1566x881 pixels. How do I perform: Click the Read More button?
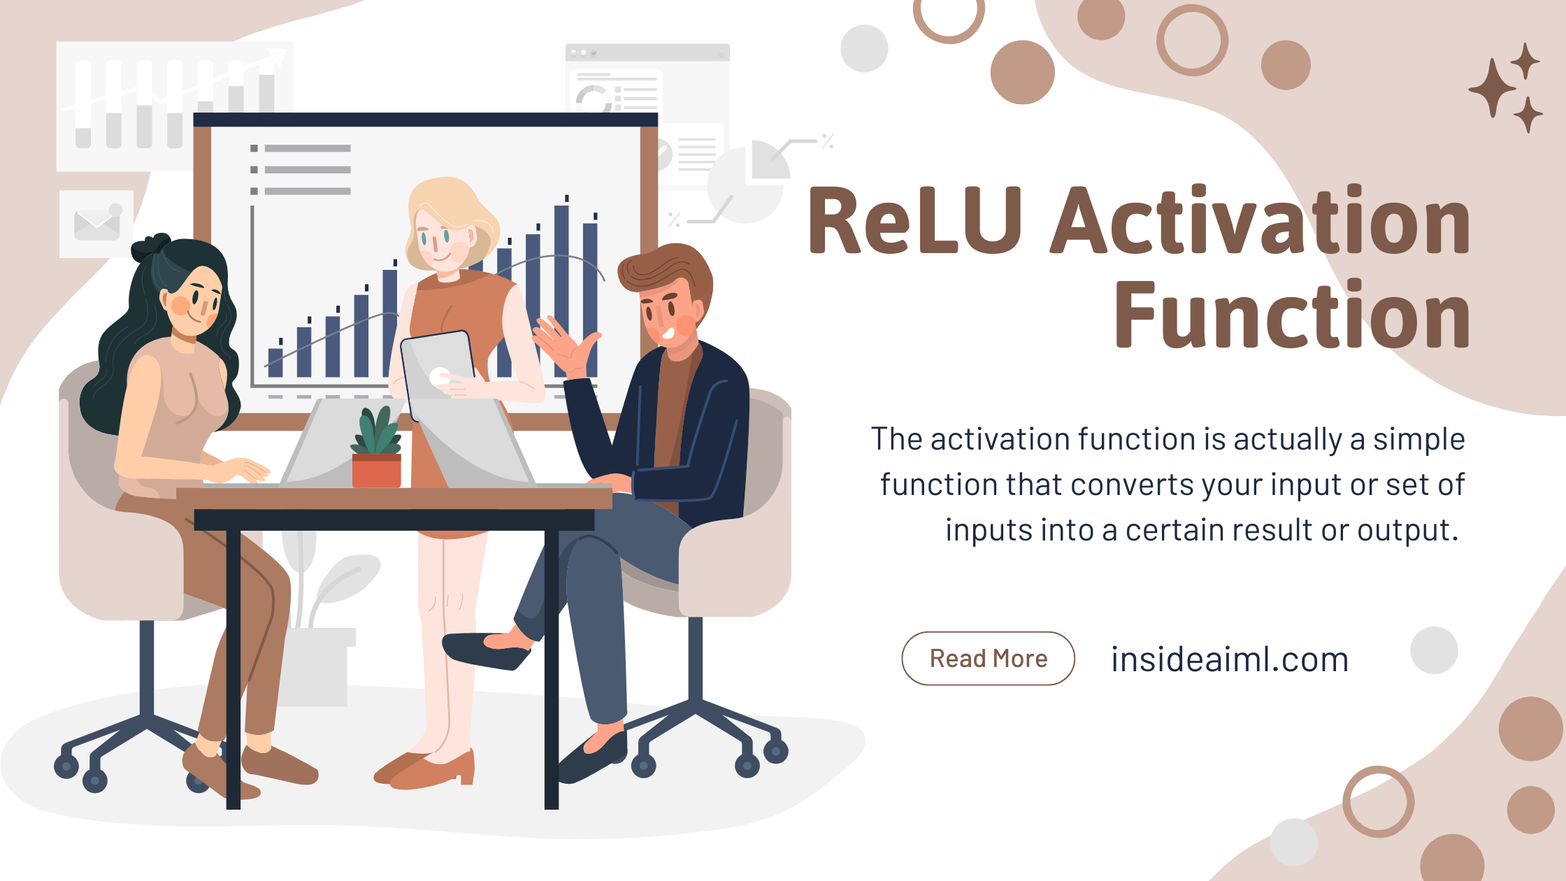click(x=988, y=659)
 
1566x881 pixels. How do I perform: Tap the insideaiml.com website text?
click(x=1230, y=659)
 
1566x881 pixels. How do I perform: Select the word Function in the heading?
click(x=1292, y=315)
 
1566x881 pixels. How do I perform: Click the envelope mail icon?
click(x=96, y=224)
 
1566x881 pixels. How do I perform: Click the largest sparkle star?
click(x=1492, y=88)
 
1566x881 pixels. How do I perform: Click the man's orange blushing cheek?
click(x=685, y=324)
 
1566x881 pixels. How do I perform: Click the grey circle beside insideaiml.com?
click(x=1434, y=650)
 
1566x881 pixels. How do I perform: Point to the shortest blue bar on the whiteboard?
click(x=275, y=361)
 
